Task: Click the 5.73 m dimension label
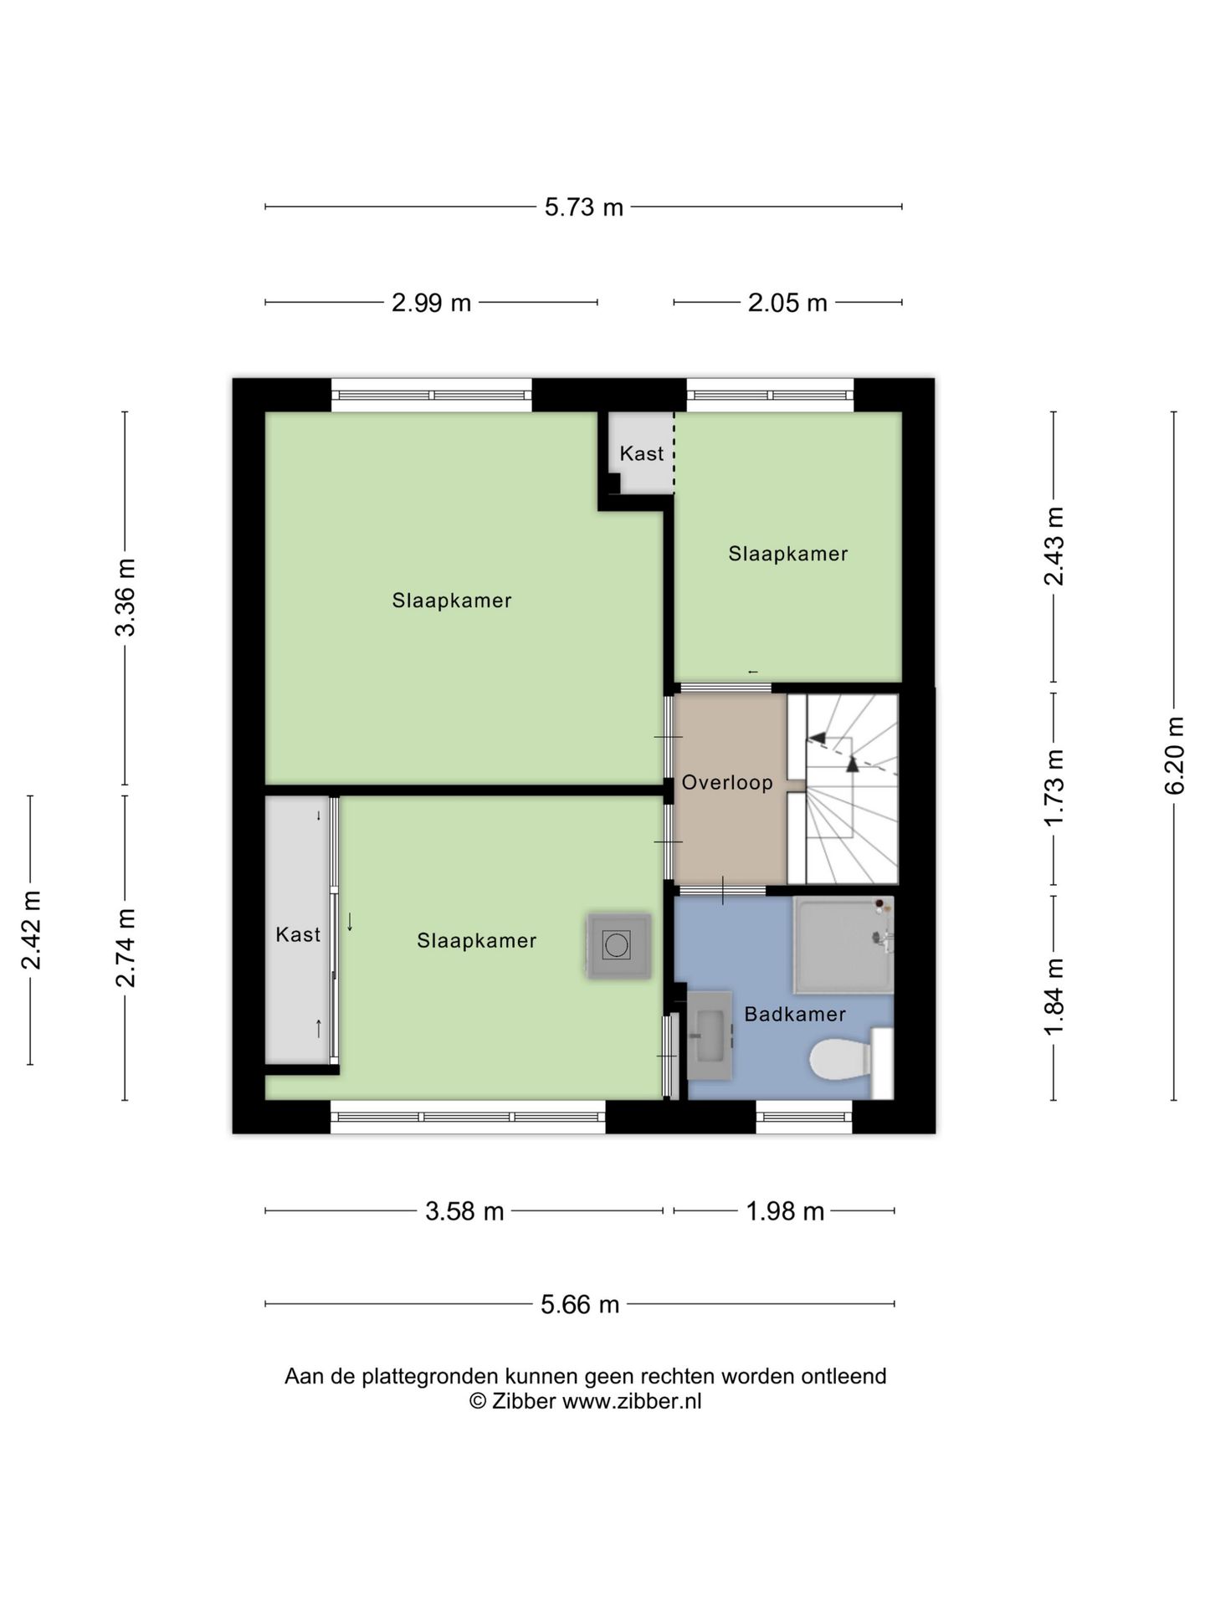584,207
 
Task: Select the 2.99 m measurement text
432,302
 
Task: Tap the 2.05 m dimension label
787,302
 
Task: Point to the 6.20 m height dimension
1174,756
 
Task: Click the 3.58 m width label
464,1211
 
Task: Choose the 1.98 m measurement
785,1211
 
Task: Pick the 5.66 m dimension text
580,1304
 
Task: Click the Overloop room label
727,783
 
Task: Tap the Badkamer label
795,1014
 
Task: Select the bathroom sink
710,1035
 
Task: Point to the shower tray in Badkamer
843,945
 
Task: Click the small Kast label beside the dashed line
642,453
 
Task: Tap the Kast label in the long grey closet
298,934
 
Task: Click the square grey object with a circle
618,945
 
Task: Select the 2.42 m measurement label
31,930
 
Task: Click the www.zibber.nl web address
632,1401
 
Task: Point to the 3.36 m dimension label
126,597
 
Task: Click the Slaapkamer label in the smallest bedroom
788,554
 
